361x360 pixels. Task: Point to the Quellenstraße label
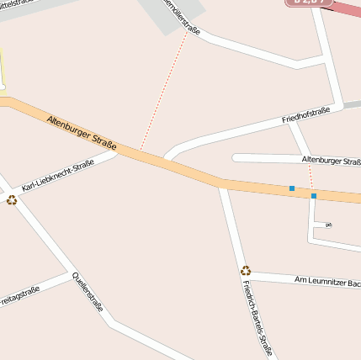[x=88, y=292]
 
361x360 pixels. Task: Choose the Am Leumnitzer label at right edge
[x=327, y=280]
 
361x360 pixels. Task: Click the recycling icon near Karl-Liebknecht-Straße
[x=12, y=199]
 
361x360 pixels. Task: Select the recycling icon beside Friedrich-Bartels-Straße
[x=246, y=270]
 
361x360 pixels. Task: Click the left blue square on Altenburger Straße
[x=292, y=188]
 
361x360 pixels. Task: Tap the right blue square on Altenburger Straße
[x=314, y=196]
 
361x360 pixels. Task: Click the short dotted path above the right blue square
[x=311, y=177]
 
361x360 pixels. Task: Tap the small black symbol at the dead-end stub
[x=327, y=225]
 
